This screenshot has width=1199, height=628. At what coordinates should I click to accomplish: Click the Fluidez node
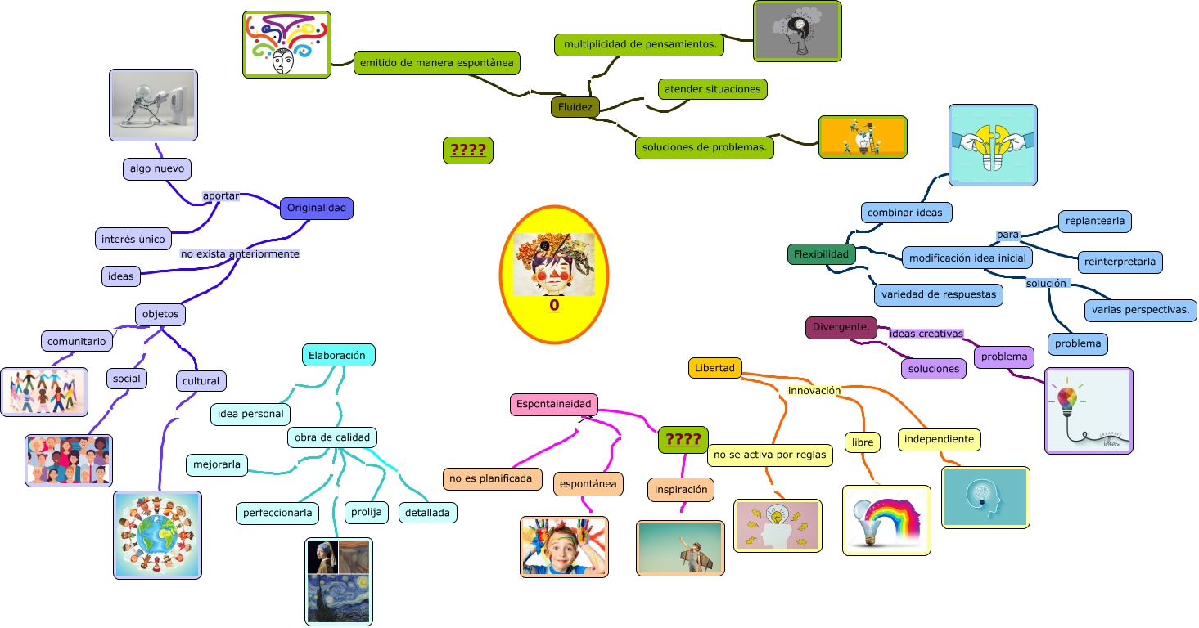point(575,107)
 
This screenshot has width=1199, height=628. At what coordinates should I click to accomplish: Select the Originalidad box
point(316,208)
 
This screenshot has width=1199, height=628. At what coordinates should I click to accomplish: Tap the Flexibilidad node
point(821,254)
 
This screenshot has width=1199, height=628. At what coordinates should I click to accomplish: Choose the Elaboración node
point(338,355)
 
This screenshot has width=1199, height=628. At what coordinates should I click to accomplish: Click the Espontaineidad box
point(554,404)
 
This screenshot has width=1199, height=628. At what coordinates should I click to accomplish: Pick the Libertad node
point(714,368)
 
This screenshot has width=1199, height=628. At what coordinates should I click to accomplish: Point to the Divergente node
point(841,328)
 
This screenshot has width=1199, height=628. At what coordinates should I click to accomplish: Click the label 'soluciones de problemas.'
point(705,147)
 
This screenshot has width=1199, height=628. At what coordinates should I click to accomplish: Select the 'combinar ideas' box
point(904,213)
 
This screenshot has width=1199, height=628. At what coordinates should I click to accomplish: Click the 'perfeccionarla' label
point(277,513)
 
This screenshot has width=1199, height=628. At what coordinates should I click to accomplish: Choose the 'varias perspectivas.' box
point(1141,311)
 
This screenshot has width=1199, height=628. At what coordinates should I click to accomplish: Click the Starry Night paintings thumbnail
point(338,581)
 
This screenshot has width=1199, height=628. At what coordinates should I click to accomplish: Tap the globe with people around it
point(157,535)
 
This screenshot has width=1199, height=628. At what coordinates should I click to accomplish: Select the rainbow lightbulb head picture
point(886,520)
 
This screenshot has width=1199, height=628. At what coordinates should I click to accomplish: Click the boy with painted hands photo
point(564,546)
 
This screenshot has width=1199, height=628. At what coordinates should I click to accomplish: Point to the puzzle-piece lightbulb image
point(993,145)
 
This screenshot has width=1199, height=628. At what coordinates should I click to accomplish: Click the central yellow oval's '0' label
point(554,306)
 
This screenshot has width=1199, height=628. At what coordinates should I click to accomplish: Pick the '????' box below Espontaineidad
point(683,439)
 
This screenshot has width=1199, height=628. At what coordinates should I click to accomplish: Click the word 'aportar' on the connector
point(220,196)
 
